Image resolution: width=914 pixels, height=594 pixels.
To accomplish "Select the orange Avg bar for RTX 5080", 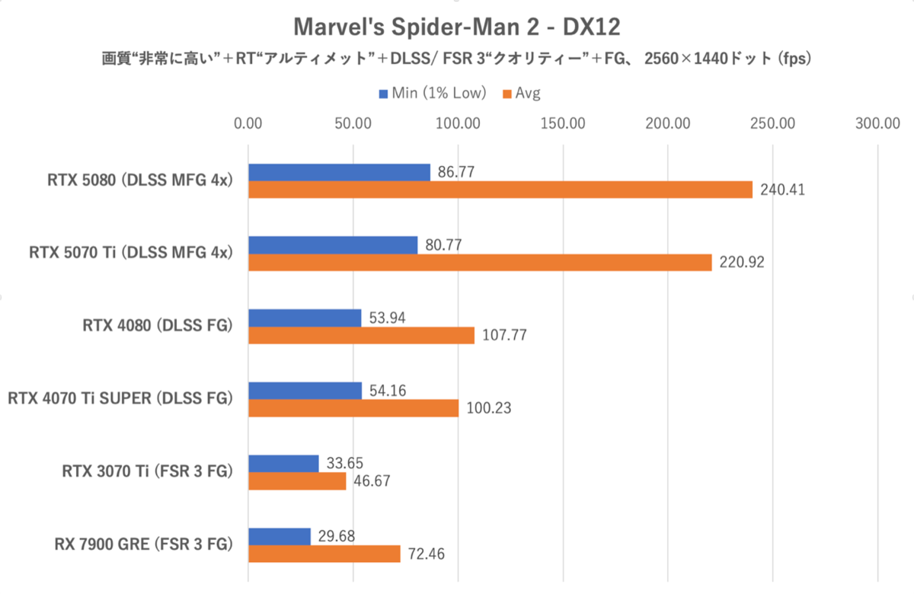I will [x=500, y=190].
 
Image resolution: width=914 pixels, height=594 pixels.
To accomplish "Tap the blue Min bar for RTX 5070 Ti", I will [x=333, y=244].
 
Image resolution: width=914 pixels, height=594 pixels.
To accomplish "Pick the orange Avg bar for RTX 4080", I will [x=361, y=335].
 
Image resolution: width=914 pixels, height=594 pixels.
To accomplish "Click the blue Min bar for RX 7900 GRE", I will [x=280, y=536].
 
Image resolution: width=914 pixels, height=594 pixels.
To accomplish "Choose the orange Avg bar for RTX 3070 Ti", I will [x=297, y=481].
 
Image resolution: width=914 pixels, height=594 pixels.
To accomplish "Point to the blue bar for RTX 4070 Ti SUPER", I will [x=305, y=391].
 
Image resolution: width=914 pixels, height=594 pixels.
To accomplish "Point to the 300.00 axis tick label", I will [x=877, y=123].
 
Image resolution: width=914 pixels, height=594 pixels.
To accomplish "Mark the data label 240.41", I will [x=782, y=190].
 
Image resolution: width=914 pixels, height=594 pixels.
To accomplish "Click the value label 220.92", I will [x=741, y=263].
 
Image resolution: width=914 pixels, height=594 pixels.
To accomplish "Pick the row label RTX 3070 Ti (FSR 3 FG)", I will [x=147, y=472].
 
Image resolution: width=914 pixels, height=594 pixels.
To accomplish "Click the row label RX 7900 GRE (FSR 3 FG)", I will [x=143, y=544].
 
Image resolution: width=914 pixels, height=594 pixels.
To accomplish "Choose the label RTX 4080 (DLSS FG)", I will [x=157, y=326].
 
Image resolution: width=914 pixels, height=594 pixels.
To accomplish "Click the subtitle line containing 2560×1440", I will [x=457, y=59].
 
